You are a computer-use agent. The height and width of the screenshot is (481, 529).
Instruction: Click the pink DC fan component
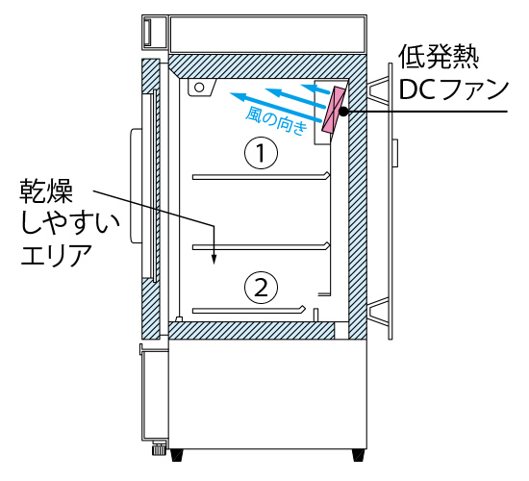point(334,110)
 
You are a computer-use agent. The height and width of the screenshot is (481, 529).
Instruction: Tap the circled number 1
point(261,153)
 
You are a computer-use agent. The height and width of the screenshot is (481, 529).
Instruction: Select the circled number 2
point(261,288)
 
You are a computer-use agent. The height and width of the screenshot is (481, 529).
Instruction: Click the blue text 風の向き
point(276,121)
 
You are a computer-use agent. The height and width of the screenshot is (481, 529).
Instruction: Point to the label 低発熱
point(439,58)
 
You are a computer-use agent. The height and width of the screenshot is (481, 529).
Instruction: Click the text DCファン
point(453,89)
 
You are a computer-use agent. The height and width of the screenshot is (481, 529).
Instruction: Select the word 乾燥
point(46,191)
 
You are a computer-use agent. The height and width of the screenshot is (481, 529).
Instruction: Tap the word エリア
point(56,255)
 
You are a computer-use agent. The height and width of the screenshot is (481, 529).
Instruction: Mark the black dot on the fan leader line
point(343,112)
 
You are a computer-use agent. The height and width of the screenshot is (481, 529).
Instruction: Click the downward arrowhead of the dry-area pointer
point(214,259)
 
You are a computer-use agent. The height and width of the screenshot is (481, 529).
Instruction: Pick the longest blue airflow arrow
point(275,108)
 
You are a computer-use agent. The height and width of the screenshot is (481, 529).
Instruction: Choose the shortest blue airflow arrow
point(315,89)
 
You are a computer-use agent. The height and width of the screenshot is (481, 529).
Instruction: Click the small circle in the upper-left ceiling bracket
point(199,88)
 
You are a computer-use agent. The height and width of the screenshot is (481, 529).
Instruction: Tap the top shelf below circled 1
point(261,177)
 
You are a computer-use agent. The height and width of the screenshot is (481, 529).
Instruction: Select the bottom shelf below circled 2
point(249,310)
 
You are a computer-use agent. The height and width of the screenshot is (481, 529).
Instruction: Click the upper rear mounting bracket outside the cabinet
point(378,89)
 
